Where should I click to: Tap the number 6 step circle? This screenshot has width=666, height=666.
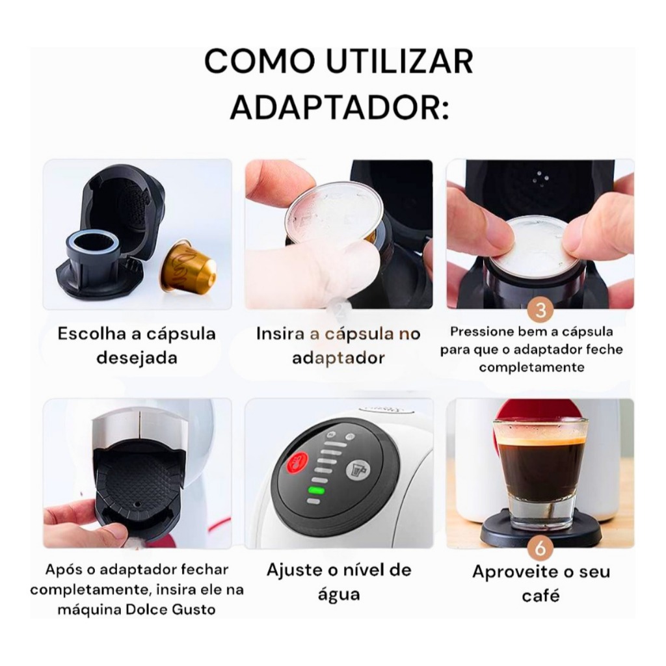[x=539, y=550]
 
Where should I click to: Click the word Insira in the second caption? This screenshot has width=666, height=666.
[x=280, y=334]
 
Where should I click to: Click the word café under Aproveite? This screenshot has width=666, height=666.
[x=540, y=595]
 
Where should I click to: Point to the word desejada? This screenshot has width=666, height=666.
[x=137, y=358]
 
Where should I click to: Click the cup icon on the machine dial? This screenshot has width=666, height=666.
[x=358, y=468]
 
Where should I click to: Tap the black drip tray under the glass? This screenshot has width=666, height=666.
[x=540, y=533]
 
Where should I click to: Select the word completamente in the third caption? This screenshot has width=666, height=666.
[x=531, y=367]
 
